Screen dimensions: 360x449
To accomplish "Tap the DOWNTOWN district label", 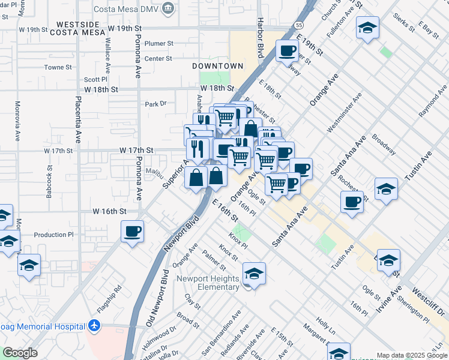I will pos(217,66).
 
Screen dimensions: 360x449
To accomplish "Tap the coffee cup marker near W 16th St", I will pos(132,230).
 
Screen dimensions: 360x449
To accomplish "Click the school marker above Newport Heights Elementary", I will pos(254,274).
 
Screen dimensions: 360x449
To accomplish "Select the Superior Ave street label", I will pos(173,172).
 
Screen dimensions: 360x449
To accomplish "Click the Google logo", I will pos(20,353).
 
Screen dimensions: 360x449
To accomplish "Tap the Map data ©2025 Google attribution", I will pos(412,355).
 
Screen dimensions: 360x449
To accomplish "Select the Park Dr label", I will pos(155,104).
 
